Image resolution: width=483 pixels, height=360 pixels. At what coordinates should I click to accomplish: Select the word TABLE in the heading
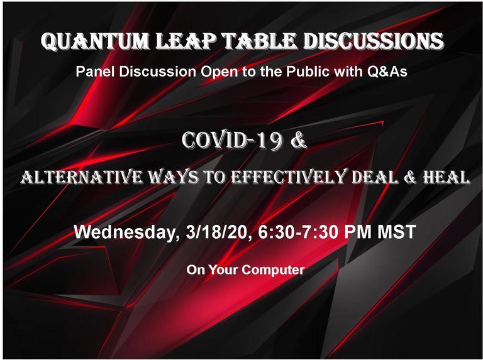(x=259, y=41)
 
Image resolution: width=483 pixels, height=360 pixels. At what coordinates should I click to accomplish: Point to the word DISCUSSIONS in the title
(x=374, y=41)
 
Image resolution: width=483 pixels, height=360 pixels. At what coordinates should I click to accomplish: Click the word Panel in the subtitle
(x=96, y=72)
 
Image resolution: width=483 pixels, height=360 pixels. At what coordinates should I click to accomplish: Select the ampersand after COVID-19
(x=299, y=140)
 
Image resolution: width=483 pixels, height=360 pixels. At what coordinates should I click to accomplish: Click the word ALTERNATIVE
(x=82, y=177)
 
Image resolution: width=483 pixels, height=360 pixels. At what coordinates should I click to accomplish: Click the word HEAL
(x=447, y=177)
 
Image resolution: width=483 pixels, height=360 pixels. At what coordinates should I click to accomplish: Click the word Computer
(x=273, y=270)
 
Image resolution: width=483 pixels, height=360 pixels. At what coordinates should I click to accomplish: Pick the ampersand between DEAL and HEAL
(x=410, y=178)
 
